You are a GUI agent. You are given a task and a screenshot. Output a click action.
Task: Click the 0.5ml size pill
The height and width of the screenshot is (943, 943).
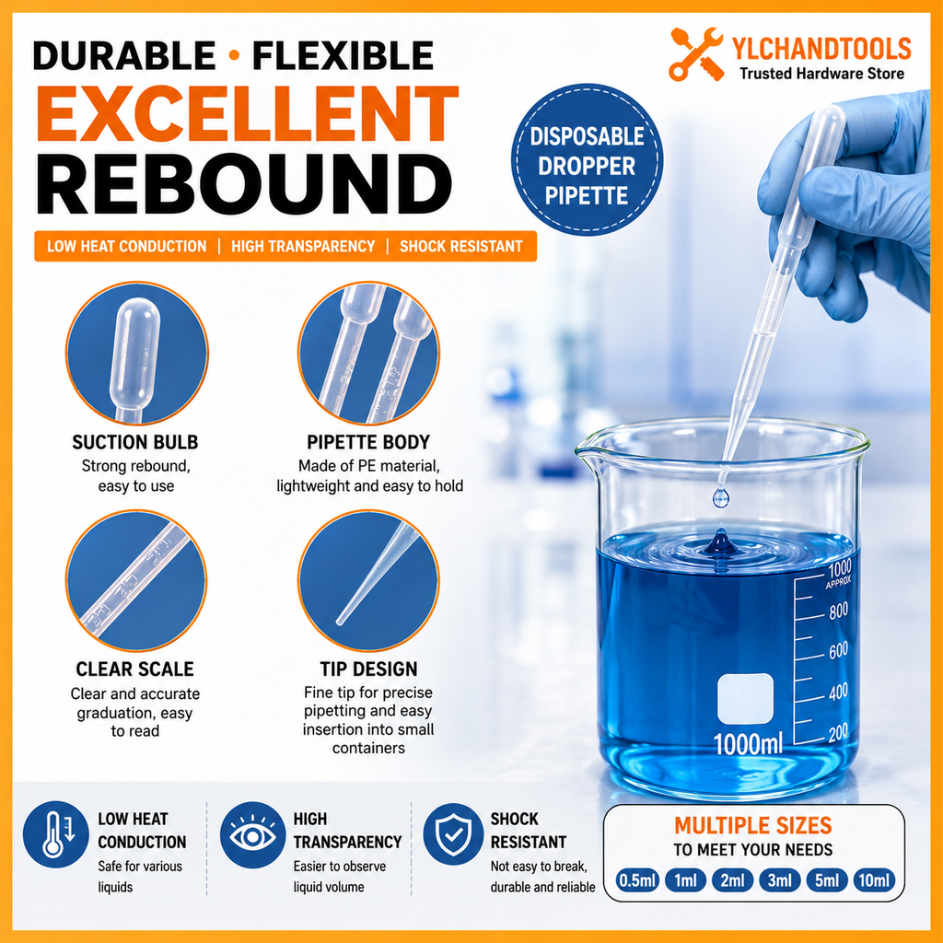637,880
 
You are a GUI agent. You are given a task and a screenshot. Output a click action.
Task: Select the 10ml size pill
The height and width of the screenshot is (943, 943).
874,880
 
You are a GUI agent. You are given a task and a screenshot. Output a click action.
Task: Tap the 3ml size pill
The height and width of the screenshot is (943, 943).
779,880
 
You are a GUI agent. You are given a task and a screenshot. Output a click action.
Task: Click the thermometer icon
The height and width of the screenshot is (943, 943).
56,834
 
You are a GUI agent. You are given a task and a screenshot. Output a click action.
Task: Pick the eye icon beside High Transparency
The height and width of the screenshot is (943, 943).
252,834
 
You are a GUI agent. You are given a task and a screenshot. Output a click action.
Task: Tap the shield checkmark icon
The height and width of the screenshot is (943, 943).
453,834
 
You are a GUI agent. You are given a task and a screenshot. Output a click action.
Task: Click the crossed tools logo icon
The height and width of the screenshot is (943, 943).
696,54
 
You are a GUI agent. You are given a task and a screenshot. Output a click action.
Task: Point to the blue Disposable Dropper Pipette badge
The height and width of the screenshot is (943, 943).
587,159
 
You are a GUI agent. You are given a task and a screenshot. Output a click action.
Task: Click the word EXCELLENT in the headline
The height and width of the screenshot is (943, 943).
247,114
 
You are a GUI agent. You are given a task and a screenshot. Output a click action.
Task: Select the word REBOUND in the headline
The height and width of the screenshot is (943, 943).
244,184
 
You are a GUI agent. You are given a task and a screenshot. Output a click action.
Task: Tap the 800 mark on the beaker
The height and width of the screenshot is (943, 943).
838,611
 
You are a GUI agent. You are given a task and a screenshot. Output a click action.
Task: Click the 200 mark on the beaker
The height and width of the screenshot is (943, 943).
838,733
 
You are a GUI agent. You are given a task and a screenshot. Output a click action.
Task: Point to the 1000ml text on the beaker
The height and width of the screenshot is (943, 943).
748,744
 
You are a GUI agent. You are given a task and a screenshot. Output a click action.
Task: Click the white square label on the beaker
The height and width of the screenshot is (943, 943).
745,699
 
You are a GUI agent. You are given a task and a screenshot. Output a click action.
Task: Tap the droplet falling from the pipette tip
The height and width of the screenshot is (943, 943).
720,497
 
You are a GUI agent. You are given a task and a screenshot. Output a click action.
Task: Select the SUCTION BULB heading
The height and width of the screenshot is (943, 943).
135,443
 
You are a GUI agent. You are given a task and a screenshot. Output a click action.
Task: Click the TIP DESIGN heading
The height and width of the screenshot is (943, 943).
368,669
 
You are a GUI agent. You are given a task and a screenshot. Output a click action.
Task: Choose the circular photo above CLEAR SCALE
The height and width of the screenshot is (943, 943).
136,581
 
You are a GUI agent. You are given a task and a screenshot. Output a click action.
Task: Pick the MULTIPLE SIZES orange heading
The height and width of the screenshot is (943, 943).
753,826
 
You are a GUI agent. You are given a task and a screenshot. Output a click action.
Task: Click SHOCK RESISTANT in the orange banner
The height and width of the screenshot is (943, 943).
461,247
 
